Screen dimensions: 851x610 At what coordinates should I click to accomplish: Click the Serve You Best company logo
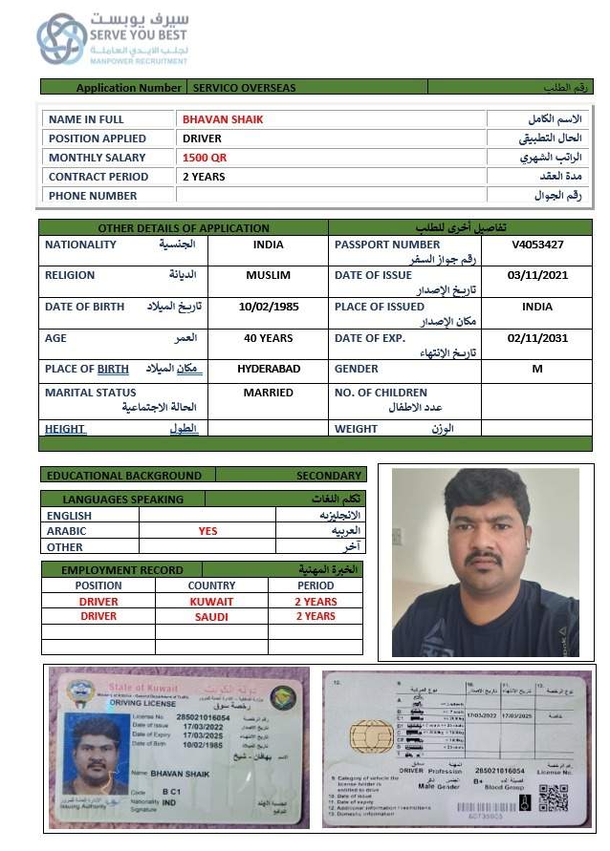coord(61,38)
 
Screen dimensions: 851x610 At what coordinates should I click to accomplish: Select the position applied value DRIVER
coord(202,138)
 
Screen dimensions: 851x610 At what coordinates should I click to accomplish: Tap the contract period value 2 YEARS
coord(204,177)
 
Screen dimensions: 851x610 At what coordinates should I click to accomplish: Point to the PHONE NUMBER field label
coord(93,196)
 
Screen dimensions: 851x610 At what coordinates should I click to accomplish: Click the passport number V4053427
coord(537,245)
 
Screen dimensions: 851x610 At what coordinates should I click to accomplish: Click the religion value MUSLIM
coord(268,275)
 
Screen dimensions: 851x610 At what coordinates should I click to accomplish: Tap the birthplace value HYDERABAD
coord(269,369)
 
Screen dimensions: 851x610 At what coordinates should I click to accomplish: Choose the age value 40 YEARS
coord(268,337)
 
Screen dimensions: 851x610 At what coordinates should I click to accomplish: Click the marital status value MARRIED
coord(268,393)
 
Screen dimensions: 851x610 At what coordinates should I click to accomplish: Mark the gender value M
coord(537,369)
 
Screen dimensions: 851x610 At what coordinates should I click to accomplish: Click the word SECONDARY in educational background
coord(329,475)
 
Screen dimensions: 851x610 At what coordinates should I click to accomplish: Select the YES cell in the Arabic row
coord(207,531)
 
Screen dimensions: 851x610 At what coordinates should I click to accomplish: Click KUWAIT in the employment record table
coord(211,602)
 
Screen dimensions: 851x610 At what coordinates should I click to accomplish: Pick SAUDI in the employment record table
coord(211,616)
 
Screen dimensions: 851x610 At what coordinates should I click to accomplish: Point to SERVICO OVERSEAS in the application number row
coord(245,88)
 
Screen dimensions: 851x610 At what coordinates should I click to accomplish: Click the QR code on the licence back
coord(553,798)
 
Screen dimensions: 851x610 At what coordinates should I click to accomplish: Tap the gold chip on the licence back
coord(367,735)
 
